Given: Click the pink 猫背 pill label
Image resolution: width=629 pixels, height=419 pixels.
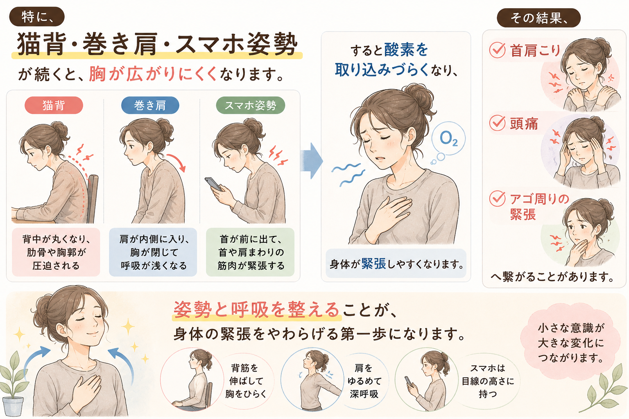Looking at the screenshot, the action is [54, 105].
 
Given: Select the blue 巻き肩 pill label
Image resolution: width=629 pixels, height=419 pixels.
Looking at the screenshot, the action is [150, 105].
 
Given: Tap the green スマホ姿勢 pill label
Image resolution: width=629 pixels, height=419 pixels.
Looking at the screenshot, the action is [251, 105].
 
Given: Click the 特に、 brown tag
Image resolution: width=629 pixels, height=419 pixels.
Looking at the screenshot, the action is [37, 17].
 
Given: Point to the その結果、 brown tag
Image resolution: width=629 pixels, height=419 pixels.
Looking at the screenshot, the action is [538, 18].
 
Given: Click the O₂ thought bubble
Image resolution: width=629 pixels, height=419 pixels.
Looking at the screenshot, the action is [448, 138].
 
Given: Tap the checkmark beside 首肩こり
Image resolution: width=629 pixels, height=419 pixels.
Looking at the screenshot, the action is [497, 50].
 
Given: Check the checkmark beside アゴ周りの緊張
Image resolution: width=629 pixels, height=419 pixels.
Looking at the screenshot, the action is [497, 198].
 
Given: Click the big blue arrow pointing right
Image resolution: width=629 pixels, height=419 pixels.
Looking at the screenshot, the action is [311, 161].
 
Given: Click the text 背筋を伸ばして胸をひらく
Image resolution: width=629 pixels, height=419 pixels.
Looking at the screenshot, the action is [245, 381].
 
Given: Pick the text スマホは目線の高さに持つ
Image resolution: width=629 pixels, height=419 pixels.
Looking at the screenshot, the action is [488, 381].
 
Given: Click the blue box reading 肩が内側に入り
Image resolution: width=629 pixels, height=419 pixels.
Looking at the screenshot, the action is [153, 252].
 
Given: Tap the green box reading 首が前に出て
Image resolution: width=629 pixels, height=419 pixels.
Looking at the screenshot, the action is [250, 252].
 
